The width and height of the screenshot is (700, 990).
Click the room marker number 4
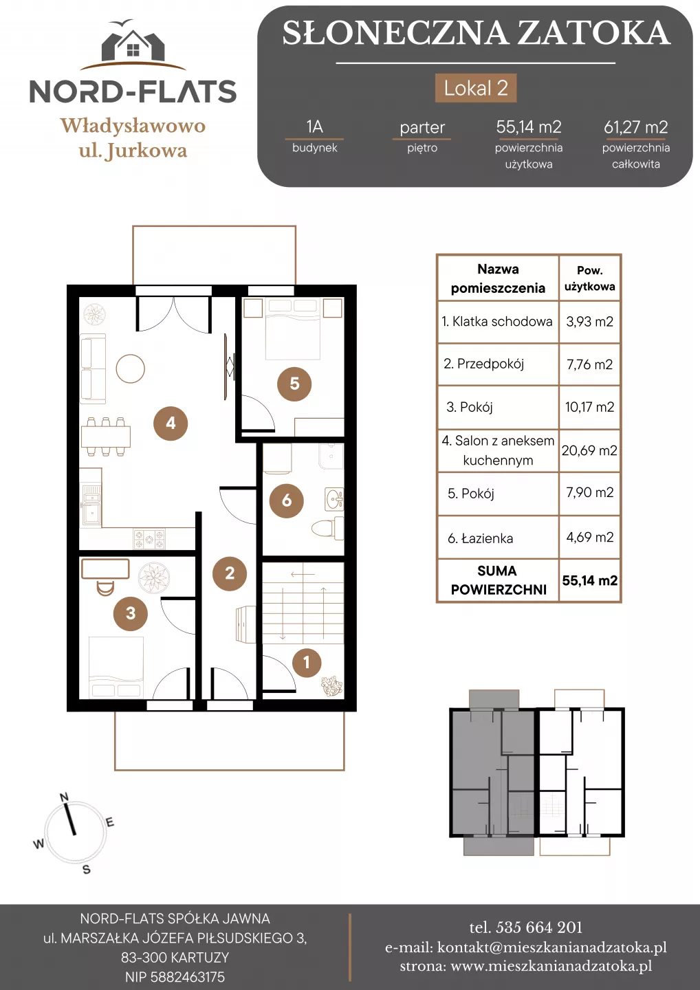click(171, 423)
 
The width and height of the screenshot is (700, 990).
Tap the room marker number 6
click(287, 500)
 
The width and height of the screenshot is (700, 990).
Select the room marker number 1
click(307, 663)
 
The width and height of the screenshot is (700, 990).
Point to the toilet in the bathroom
click(327, 528)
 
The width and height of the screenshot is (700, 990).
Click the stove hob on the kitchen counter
click(149, 539)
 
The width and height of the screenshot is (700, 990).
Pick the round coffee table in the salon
click(131, 368)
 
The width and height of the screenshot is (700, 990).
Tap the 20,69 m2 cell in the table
click(589, 450)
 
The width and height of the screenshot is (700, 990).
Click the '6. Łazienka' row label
click(481, 538)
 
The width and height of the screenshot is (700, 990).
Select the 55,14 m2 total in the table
click(589, 580)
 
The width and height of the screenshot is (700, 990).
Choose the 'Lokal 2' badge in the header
click(476, 88)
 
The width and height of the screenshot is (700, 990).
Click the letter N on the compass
click(64, 797)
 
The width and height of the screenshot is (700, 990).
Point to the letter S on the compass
click(87, 869)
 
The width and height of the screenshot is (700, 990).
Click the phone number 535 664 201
click(539, 927)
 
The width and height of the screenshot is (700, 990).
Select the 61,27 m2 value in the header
click(636, 127)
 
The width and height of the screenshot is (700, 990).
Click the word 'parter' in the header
click(422, 128)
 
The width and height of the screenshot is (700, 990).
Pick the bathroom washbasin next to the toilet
click(335, 499)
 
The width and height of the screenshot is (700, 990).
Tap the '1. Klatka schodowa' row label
click(497, 321)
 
